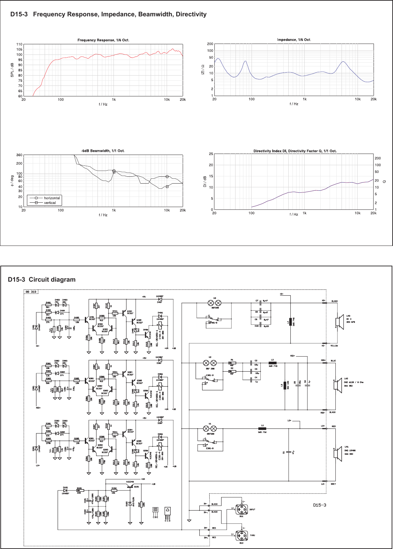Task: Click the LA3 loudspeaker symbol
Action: (338, 321)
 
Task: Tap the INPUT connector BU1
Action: (242, 509)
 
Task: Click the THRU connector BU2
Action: (242, 535)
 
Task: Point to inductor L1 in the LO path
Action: (262, 429)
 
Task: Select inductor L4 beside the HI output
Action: (290, 321)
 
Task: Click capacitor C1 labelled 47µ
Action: (288, 452)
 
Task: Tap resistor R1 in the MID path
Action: (232, 363)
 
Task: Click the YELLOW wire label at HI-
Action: (334, 346)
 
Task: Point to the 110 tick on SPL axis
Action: (19, 44)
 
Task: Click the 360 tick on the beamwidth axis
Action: (19, 155)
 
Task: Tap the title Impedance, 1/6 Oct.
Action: (294, 40)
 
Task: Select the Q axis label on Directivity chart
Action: (384, 182)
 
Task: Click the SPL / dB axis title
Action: (12, 70)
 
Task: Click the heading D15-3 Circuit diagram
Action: (42, 280)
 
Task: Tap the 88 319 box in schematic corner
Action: (31, 292)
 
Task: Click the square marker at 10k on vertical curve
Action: (167, 187)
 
